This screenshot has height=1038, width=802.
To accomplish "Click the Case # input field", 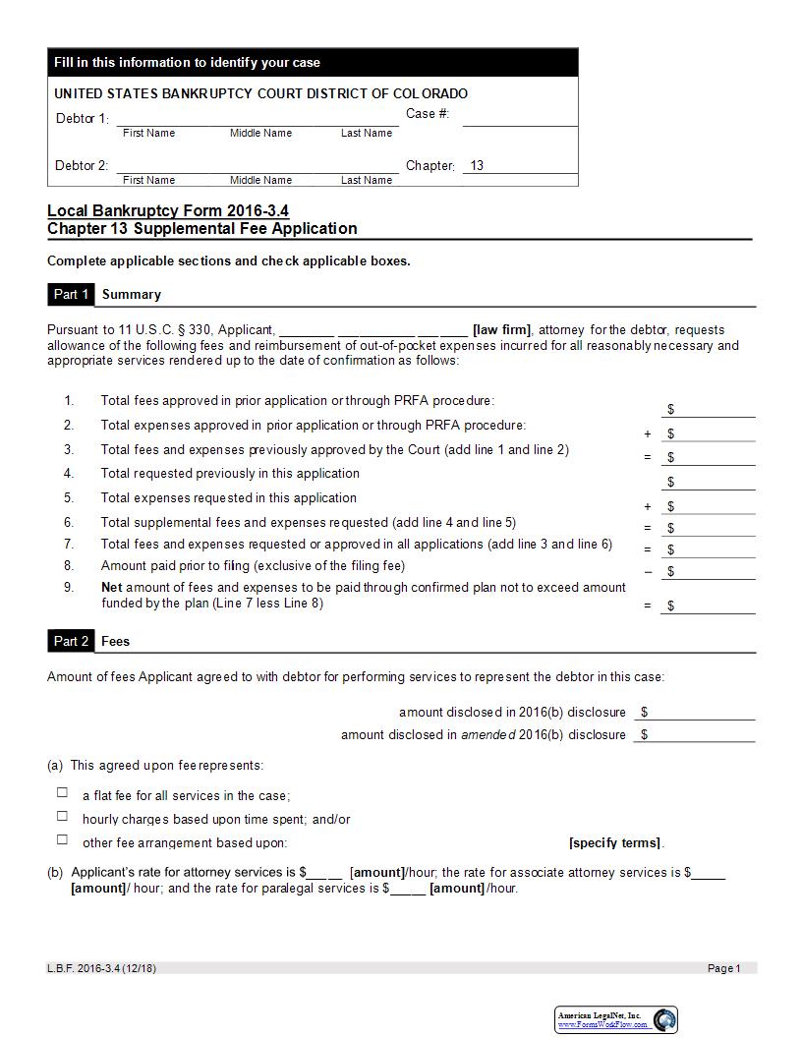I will [519, 117].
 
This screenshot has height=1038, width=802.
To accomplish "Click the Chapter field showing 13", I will [519, 165].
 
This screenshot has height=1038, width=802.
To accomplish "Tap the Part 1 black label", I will [71, 294].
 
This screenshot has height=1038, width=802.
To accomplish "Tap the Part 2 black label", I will [71, 641].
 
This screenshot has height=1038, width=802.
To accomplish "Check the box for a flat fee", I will [62, 792].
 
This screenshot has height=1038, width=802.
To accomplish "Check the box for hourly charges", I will [62, 816].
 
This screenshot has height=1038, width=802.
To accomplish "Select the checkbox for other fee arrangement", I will [62, 839].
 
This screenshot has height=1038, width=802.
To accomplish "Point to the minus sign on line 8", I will [648, 571].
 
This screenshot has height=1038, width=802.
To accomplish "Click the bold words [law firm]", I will [501, 329].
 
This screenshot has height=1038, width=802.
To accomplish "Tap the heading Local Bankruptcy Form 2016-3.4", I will [168, 211].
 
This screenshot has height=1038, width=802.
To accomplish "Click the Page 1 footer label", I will [724, 968].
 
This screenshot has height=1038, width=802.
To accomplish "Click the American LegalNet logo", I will [665, 1019].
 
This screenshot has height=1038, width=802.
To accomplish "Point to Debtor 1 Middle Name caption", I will [260, 133].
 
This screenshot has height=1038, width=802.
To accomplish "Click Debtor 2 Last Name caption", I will [367, 180].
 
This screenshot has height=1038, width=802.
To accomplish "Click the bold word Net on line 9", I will [111, 587].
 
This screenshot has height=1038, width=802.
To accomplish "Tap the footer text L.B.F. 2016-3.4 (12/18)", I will [101, 968].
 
